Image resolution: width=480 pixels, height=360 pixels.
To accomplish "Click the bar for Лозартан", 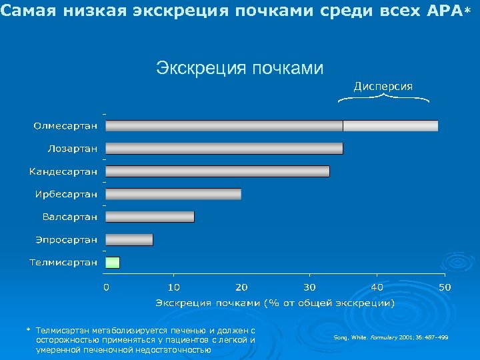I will pos(224,148).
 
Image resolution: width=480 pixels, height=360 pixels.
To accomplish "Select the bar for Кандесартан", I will pos(217,171).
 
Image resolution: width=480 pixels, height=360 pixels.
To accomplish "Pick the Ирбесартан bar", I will pos(173,194).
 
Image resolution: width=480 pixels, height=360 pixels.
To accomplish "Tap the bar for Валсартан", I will pos(150,217).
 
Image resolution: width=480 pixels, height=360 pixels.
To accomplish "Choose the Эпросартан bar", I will pos(129,239).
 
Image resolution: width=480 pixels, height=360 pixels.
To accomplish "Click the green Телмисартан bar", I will pos(113,262).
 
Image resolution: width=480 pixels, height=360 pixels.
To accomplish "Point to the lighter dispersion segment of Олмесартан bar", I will pos(391,125).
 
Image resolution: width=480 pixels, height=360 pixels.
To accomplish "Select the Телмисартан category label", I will pos(63,262).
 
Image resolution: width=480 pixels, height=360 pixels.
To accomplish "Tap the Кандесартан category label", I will pos(63,171).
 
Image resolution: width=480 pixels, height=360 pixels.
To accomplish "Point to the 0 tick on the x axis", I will pos(106,287).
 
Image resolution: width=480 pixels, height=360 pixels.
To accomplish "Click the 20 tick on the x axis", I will pos(241,287).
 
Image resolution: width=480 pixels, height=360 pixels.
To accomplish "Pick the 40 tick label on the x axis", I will pos(377,287).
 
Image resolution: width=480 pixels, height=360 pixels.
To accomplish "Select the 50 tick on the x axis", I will pos(445,287).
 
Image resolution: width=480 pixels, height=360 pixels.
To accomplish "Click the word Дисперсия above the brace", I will pos(383,86).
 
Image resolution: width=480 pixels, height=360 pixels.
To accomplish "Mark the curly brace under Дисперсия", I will pos(383,99).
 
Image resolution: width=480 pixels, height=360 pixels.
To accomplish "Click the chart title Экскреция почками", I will pos(239,68).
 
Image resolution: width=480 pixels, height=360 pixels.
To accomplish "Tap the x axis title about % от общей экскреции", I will pos(275,303).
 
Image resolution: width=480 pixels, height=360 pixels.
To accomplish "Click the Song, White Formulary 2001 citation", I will pos(391,338).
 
